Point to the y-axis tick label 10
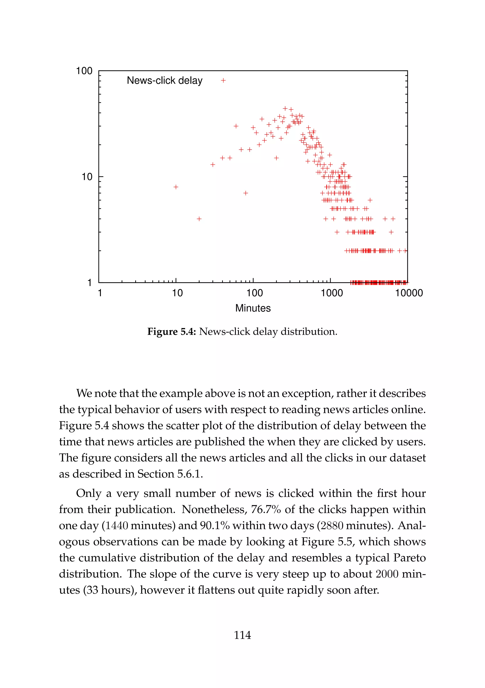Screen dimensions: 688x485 tap(87, 177)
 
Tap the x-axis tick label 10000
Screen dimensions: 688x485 tap(409, 293)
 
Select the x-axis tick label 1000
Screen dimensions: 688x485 tap(332, 293)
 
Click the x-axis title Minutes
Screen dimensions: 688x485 tap(253, 308)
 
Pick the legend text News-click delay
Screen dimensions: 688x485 tap(165, 80)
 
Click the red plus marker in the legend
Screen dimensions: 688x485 tap(223, 80)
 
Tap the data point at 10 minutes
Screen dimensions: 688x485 tap(176, 187)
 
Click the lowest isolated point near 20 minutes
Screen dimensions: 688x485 tap(199, 219)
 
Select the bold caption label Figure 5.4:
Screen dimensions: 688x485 tap(171, 332)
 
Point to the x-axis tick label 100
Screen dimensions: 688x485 tap(255, 293)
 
